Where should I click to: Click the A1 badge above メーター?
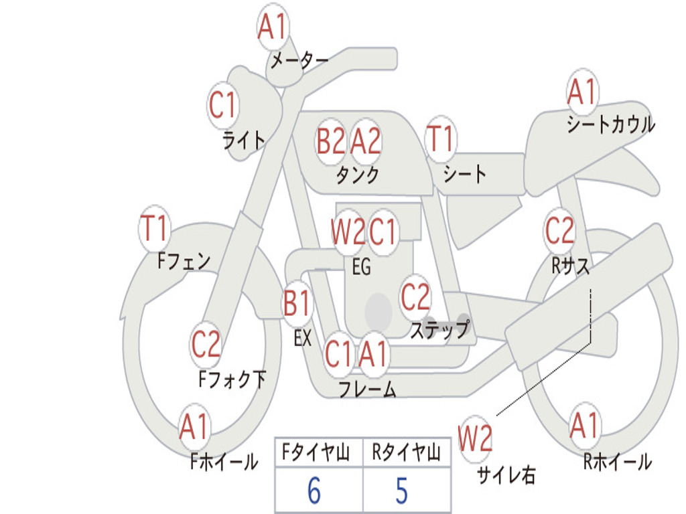click(273, 28)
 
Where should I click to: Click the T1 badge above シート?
click(440, 140)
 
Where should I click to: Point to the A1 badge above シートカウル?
click(581, 92)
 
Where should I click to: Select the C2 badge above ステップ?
click(415, 297)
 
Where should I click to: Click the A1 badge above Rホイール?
click(584, 426)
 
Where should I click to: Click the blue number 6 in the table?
click(314, 491)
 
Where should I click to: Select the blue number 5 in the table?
click(401, 491)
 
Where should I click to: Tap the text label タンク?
click(357, 175)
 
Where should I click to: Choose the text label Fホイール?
click(224, 462)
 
